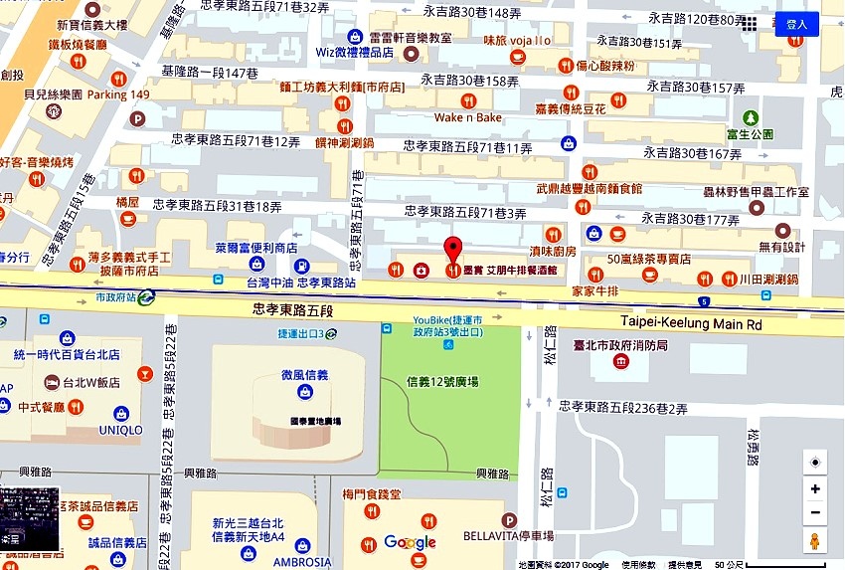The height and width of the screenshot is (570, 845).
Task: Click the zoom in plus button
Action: (x=815, y=488)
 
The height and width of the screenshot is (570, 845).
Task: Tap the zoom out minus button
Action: (x=815, y=513)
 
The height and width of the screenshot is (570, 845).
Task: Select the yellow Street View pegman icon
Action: (x=815, y=541)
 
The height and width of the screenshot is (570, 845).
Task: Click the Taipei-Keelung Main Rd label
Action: (x=690, y=322)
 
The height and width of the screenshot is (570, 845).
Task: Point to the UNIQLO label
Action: (x=120, y=430)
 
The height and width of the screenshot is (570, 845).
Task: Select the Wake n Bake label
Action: (x=468, y=117)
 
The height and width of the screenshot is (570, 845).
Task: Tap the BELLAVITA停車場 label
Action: (x=508, y=536)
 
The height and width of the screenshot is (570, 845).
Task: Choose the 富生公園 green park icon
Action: (x=750, y=117)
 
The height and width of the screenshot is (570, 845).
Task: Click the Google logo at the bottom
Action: (x=410, y=542)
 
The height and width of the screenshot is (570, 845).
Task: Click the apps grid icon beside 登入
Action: (x=750, y=23)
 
